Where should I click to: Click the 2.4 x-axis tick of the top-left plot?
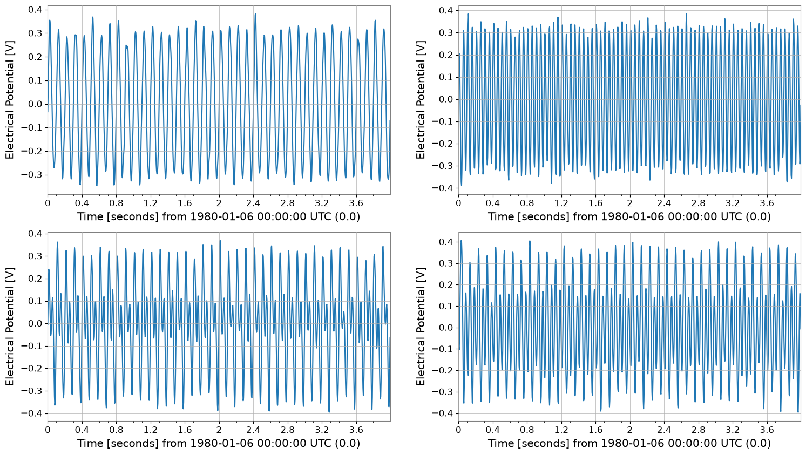click(x=253, y=203)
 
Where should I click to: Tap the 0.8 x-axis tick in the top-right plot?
click(x=527, y=203)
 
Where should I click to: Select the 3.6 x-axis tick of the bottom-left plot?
click(x=356, y=430)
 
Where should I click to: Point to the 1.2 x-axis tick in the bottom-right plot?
click(x=561, y=430)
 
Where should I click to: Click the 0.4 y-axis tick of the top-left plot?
click(x=35, y=10)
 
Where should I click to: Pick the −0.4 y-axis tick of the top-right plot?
click(x=443, y=188)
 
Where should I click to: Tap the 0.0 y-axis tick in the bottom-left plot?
click(x=35, y=324)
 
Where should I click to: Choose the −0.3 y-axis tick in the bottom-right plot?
click(x=443, y=392)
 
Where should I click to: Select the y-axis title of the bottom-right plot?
click(x=420, y=327)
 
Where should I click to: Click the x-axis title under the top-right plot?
click(x=629, y=216)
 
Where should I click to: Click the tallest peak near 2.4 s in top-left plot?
click(x=255, y=15)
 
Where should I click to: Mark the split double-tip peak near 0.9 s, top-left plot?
click(x=126, y=46)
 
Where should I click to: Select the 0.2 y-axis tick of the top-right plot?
click(x=446, y=55)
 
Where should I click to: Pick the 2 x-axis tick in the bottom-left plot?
click(x=219, y=430)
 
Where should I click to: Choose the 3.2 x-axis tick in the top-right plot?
click(x=733, y=203)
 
